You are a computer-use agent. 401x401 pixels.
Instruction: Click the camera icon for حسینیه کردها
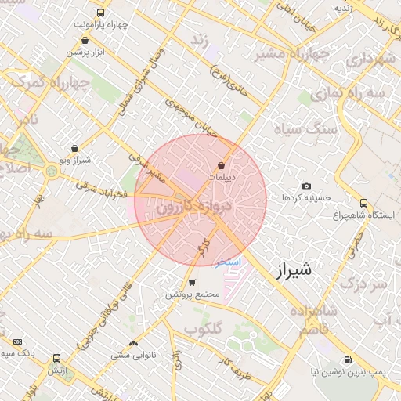point(306,186)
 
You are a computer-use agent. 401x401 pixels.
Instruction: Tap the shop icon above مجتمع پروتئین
point(192,283)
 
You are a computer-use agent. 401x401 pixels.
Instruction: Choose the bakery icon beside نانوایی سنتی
point(132,342)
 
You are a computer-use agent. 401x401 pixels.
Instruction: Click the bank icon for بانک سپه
point(18,341)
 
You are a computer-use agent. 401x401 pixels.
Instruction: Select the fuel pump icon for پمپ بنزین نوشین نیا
point(348,359)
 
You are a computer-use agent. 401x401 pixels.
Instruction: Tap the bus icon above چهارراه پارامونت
point(100,13)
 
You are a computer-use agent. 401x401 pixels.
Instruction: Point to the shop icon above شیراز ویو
point(74,148)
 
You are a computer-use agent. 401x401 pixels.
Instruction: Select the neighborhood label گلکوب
point(206,327)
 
